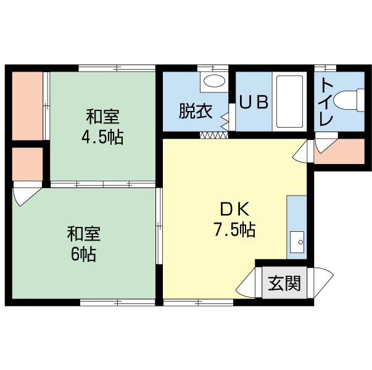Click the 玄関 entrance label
pos(284,284)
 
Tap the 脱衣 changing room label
pos(196,111)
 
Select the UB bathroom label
pos(253,103)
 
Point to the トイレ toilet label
pos(327,102)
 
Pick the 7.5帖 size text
pos(234,230)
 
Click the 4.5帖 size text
pos(102,136)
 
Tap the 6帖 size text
pos(83,253)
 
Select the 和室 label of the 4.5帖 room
pos(102,116)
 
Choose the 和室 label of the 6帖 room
pos(83,234)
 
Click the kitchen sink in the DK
pos(297,241)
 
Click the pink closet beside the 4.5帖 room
pos(28,105)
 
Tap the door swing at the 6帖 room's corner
pos(23,196)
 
